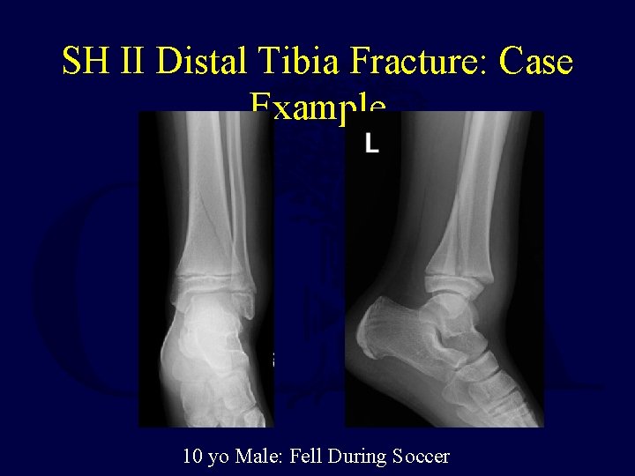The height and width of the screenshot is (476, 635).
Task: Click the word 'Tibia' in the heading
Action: point(295,62)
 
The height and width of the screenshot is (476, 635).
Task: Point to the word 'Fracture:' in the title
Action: point(414,62)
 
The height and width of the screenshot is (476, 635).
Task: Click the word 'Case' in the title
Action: point(535,62)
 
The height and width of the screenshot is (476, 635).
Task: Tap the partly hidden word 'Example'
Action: point(317,105)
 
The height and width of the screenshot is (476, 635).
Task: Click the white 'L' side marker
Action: point(372,145)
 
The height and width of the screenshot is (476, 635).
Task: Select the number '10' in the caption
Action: point(191,457)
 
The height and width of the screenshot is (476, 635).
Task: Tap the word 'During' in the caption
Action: point(358,457)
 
